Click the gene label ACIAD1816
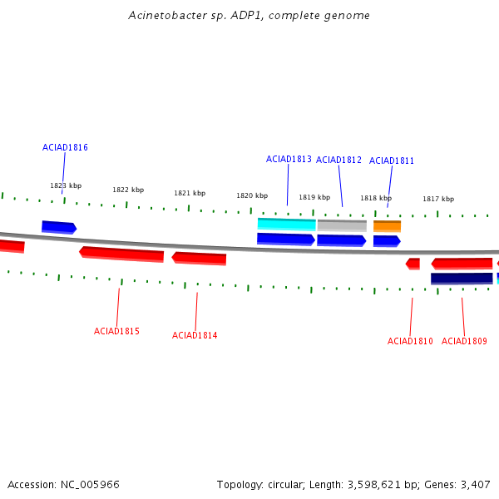click(x=65, y=147)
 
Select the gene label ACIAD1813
click(x=289, y=159)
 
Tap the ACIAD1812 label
click(x=338, y=160)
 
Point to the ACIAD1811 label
click(x=392, y=161)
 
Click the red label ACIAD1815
click(x=116, y=331)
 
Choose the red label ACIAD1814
click(x=195, y=335)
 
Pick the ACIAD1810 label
click(x=410, y=341)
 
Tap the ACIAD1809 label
click(x=464, y=341)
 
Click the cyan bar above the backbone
click(x=287, y=225)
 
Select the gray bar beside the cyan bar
click(x=342, y=225)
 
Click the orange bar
click(x=387, y=226)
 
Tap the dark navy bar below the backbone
click(x=462, y=279)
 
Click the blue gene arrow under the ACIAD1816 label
click(x=59, y=227)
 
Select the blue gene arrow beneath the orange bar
click(x=387, y=241)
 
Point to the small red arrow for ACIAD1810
click(x=413, y=264)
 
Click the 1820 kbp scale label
click(x=252, y=195)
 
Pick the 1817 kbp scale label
click(x=438, y=199)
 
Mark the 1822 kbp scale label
click(x=128, y=190)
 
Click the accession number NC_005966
click(x=90, y=485)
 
